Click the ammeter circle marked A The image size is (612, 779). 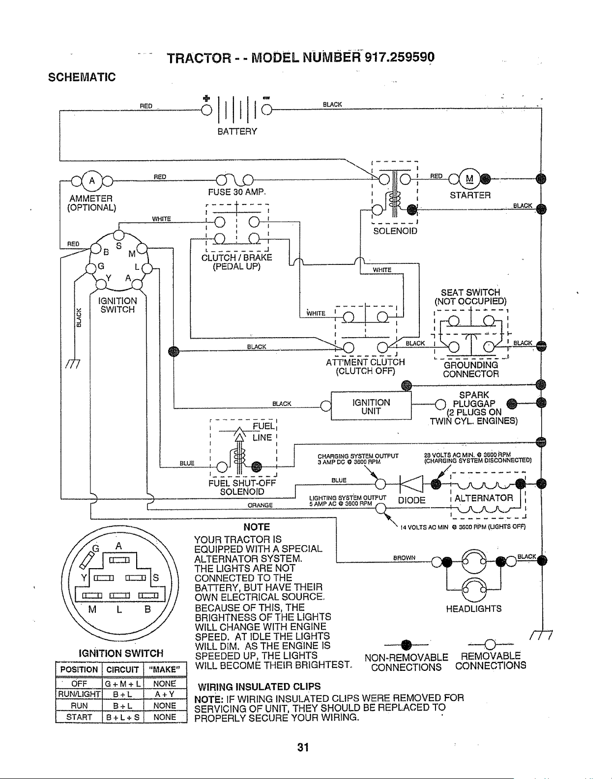(92, 181)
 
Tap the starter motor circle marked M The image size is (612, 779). (469, 178)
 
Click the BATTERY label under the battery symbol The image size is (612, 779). (237, 132)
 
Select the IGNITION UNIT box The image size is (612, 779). (371, 406)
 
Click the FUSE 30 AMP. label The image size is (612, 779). (237, 192)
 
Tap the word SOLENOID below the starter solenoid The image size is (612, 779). (395, 231)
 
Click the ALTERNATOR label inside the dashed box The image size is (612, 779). (484, 498)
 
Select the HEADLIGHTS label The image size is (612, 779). (473, 609)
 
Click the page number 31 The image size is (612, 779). (303, 747)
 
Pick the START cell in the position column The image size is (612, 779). (79, 717)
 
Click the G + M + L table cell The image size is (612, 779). (122, 684)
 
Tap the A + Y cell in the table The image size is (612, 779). (165, 694)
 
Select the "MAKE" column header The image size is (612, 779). (165, 670)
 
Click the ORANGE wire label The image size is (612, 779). (261, 505)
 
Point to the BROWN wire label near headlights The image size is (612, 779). (404, 558)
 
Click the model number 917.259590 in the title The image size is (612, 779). (399, 57)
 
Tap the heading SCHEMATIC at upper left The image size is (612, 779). (82, 77)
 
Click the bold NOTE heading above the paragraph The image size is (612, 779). (256, 527)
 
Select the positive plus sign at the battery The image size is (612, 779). (206, 98)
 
